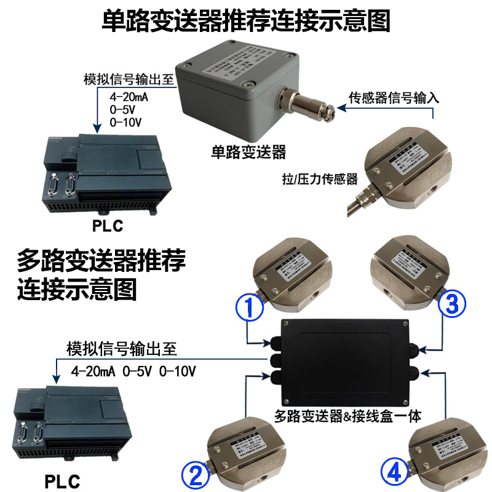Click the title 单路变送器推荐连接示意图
tap(246, 20)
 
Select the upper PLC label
tap(108, 226)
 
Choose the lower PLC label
tap(63, 480)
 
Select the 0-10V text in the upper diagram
tap(125, 122)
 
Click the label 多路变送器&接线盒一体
tap(347, 416)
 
